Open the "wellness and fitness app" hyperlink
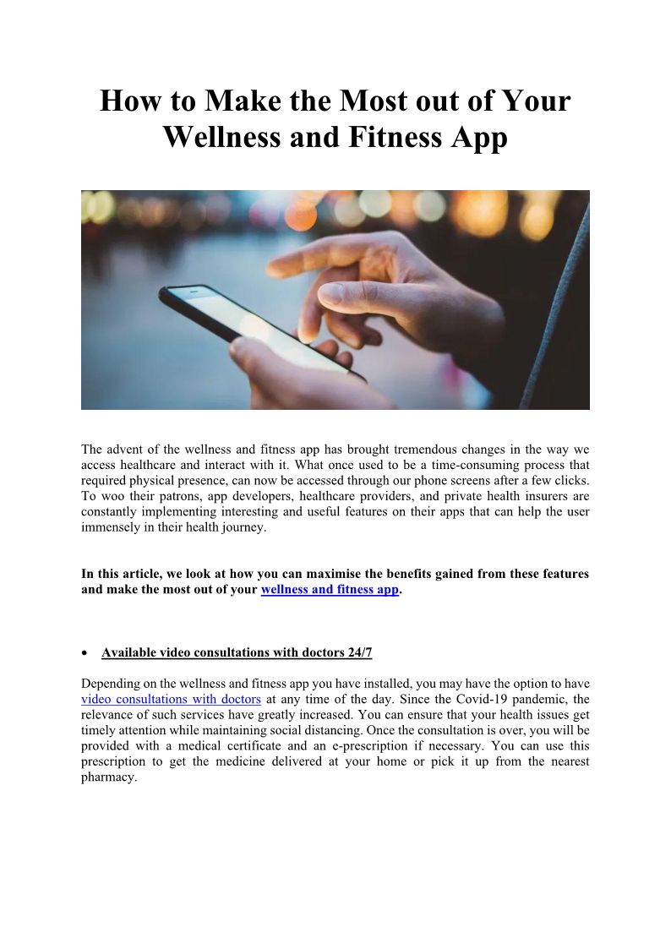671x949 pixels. coord(330,589)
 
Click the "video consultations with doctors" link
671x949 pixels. coord(171,699)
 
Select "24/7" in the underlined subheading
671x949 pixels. coord(356,652)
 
